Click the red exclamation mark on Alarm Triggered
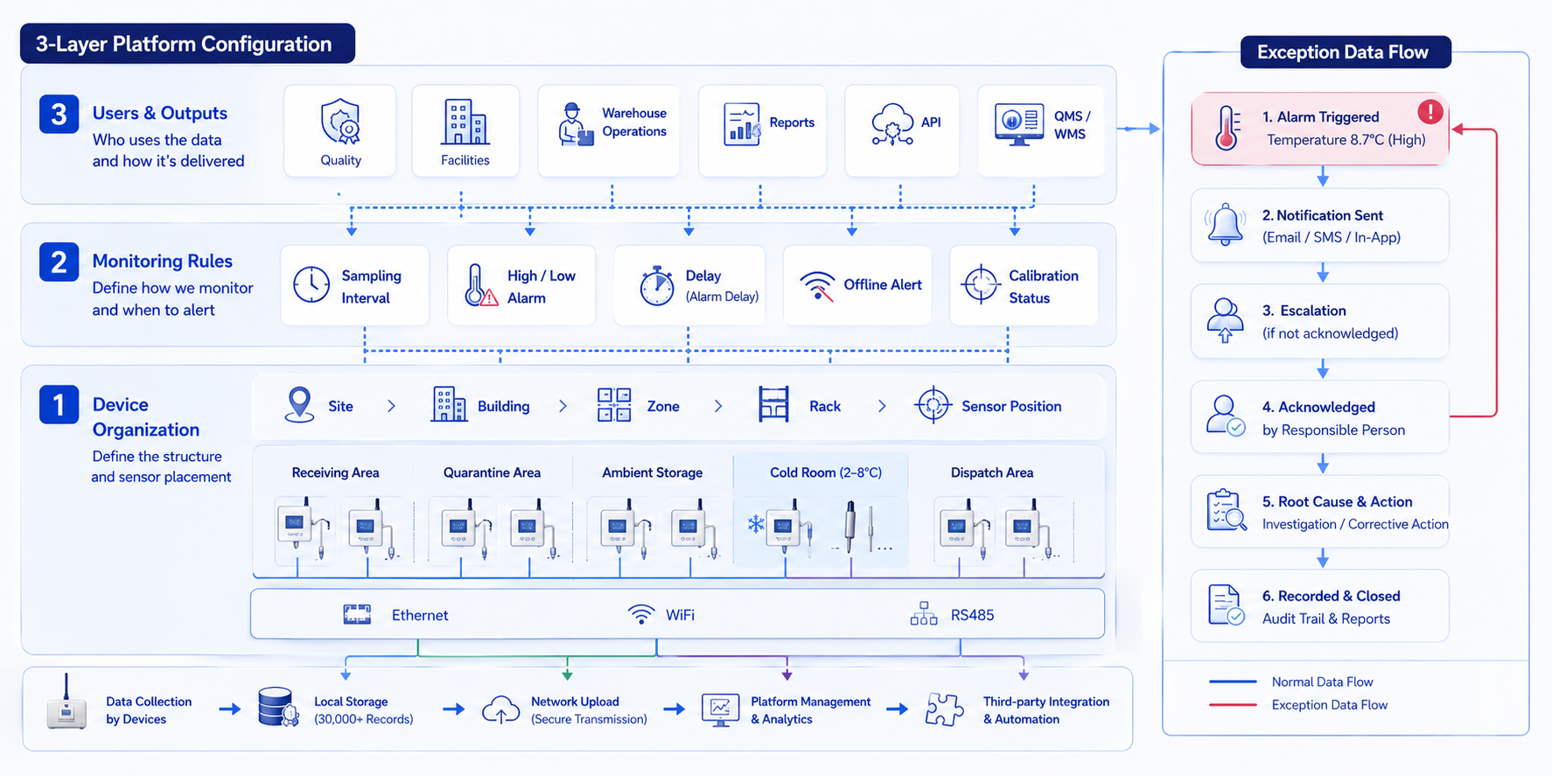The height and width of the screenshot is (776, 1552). click(x=1430, y=111)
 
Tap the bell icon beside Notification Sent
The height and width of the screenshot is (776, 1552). click(x=1226, y=225)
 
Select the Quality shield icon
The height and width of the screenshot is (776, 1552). click(x=340, y=122)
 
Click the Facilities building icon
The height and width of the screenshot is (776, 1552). click(x=465, y=122)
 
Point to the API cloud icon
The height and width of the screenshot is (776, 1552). click(x=892, y=123)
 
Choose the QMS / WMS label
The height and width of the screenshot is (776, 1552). click(x=1071, y=125)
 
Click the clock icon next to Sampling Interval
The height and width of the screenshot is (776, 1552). click(x=311, y=285)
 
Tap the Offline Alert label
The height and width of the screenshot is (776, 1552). click(x=883, y=284)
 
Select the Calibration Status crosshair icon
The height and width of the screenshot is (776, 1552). click(x=981, y=284)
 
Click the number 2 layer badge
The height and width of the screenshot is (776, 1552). click(x=59, y=262)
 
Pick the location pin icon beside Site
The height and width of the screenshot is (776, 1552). click(x=299, y=404)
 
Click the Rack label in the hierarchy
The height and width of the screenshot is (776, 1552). click(x=825, y=406)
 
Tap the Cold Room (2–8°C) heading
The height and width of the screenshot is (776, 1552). click(x=826, y=472)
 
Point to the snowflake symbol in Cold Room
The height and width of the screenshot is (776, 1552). click(x=756, y=524)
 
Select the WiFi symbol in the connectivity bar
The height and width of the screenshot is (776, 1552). click(x=641, y=614)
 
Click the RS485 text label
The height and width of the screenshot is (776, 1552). click(x=973, y=615)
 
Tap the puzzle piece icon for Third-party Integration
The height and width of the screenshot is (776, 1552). click(x=944, y=709)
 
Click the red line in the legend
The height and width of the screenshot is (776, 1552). click(x=1233, y=704)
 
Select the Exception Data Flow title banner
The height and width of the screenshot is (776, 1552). click(x=1346, y=52)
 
